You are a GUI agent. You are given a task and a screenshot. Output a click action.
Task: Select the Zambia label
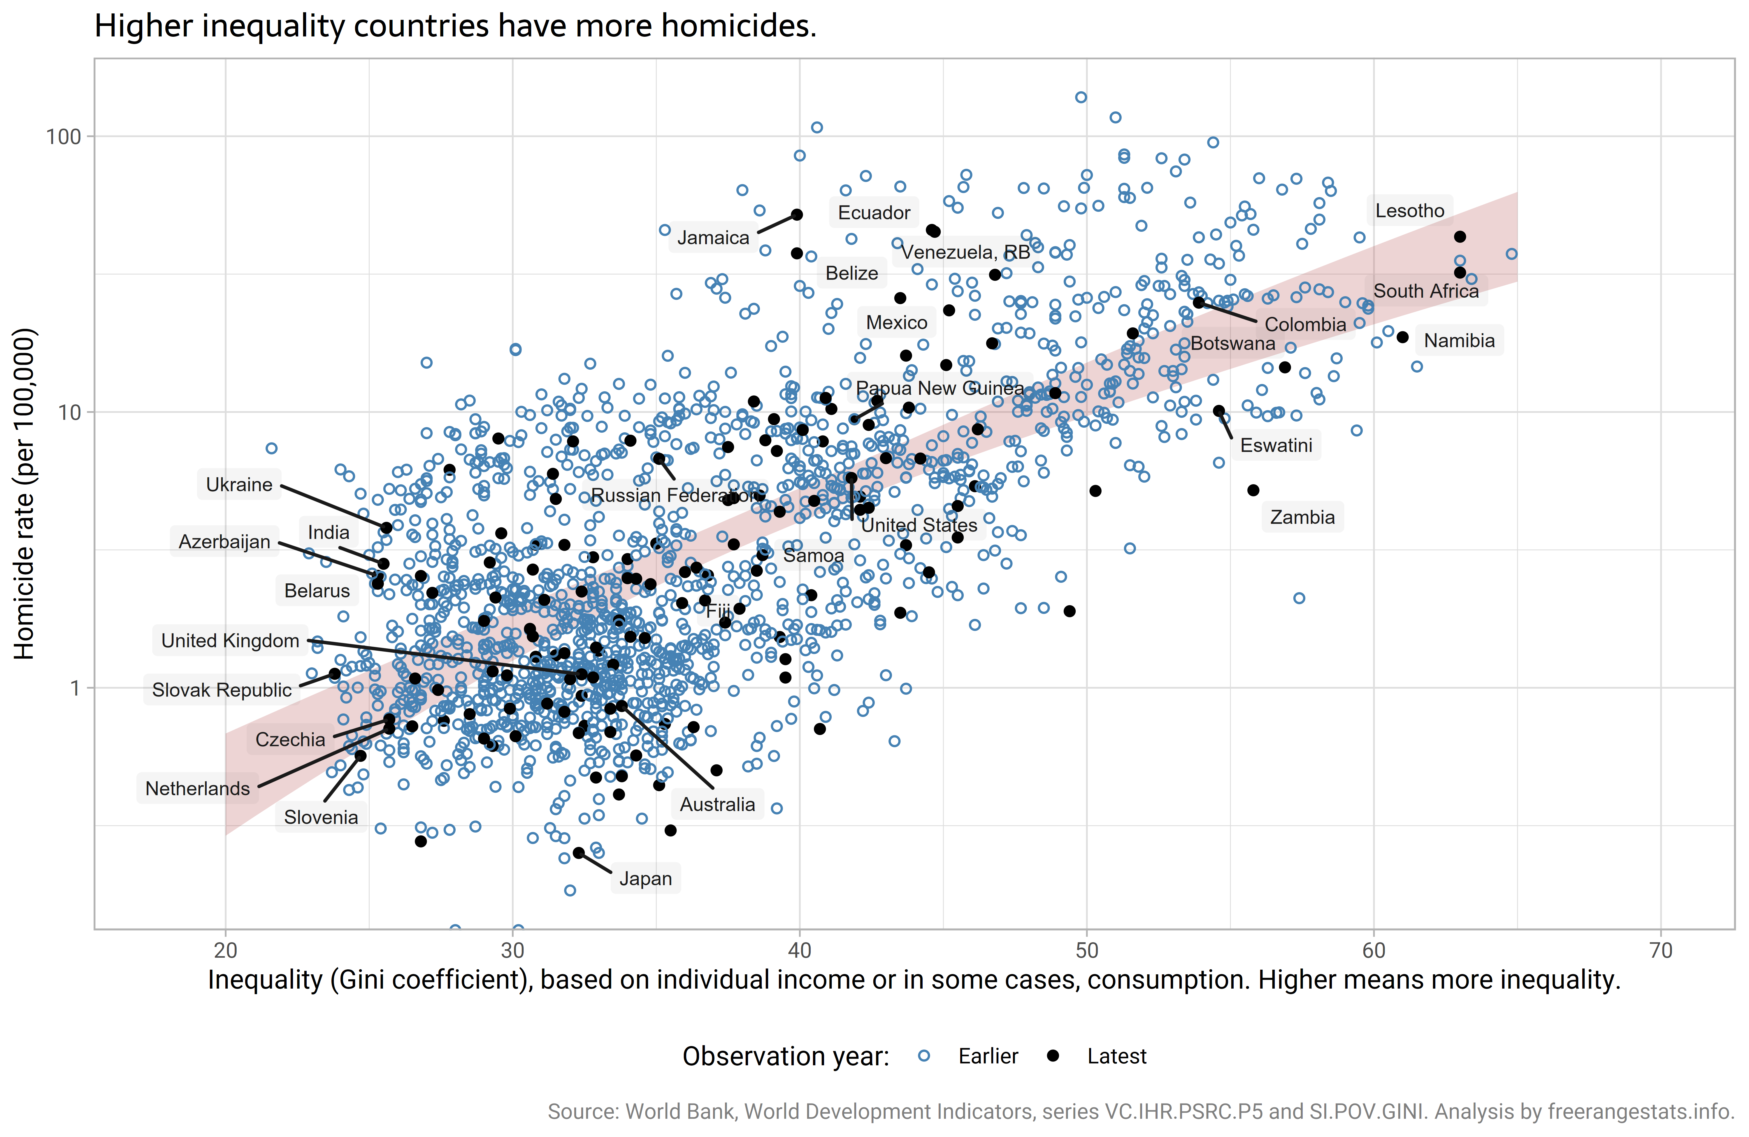pyautogui.click(x=1302, y=517)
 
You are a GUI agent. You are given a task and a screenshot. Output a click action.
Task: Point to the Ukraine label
pyautogui.click(x=239, y=484)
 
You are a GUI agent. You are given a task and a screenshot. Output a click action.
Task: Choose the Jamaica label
pyautogui.click(x=713, y=237)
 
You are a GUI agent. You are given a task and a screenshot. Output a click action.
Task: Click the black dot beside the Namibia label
pyautogui.click(x=1402, y=337)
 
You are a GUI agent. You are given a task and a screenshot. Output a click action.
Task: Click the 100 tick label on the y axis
pyautogui.click(x=63, y=137)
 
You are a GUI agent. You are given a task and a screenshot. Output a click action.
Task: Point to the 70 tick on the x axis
pyautogui.click(x=1660, y=951)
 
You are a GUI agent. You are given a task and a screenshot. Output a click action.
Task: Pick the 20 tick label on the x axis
pyautogui.click(x=226, y=951)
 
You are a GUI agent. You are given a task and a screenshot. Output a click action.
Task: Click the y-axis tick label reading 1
pyautogui.click(x=74, y=689)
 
